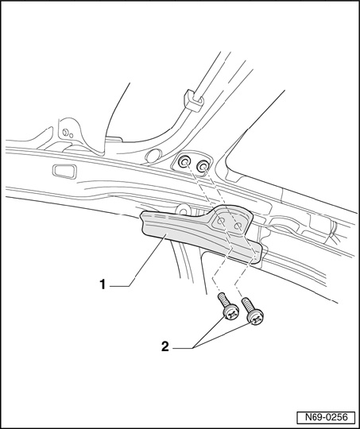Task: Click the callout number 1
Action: coord(103,284)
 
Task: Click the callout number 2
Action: coord(165,347)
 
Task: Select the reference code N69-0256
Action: coord(326,418)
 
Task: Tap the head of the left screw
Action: coord(231,313)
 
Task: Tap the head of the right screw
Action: coord(255,318)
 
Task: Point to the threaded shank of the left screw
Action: coord(223,300)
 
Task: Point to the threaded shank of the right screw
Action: coord(247,305)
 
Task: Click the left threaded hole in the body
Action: coord(184,163)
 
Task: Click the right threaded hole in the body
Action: coord(203,166)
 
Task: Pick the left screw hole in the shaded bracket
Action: coord(221,222)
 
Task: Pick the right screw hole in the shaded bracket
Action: coord(238,226)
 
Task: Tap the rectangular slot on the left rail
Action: coord(64,172)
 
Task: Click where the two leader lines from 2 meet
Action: coord(194,348)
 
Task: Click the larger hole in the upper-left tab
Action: coord(65,133)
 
